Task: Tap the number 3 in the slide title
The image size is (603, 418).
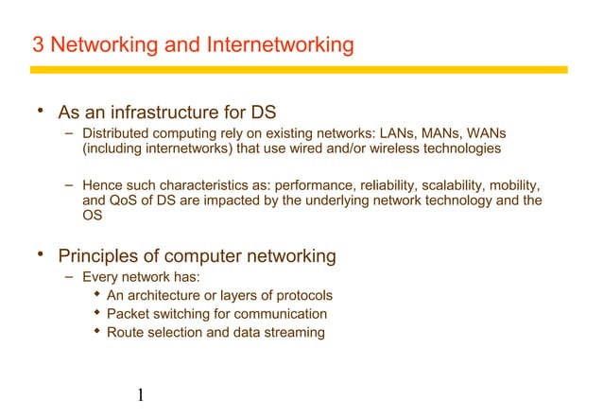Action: click(38, 45)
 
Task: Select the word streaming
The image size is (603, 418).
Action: click(294, 332)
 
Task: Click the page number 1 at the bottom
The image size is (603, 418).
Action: click(139, 393)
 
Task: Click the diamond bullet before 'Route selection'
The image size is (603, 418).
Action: click(96, 331)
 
